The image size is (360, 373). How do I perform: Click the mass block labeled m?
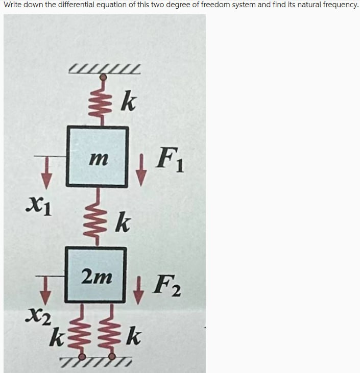(98, 157)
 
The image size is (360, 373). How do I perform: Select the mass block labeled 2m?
(95, 275)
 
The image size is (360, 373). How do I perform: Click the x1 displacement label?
(39, 207)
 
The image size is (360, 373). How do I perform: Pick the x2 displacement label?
(38, 316)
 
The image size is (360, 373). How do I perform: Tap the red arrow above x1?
(46, 172)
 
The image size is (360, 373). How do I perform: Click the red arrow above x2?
(45, 290)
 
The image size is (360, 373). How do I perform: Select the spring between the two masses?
(97, 217)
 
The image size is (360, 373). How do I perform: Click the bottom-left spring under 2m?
(82, 330)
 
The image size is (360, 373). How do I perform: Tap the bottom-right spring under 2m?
(111, 330)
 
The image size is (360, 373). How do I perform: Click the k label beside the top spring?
(128, 101)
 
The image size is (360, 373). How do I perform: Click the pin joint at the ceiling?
(103, 77)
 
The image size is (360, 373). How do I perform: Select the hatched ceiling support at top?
(104, 69)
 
